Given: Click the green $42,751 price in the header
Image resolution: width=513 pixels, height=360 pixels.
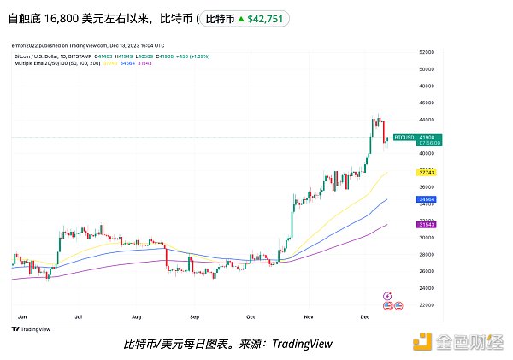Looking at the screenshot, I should [x=265, y=18].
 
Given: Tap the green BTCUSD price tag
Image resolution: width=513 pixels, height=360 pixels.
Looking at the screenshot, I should [x=428, y=139].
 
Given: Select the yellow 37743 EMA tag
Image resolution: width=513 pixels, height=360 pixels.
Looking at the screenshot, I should [x=427, y=172].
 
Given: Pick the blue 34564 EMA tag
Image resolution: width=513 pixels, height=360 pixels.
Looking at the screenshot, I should [x=427, y=199].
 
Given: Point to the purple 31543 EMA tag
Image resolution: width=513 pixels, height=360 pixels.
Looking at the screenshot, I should [x=427, y=224].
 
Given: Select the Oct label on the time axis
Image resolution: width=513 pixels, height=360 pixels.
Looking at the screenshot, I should [x=250, y=316].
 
